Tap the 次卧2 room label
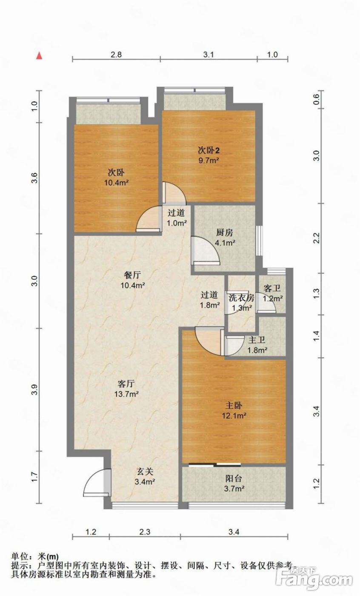tap(209, 151)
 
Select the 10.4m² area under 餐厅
tap(133, 286)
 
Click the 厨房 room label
tap(225, 232)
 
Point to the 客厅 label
tap(126, 384)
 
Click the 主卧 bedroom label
tap(234, 405)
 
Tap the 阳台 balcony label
tap(234, 479)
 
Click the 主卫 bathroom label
tap(257, 340)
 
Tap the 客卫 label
tap(272, 289)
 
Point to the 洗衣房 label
tap(241, 298)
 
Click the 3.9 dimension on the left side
tap(35, 389)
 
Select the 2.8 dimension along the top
tap(116, 54)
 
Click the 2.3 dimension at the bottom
tap(145, 532)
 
